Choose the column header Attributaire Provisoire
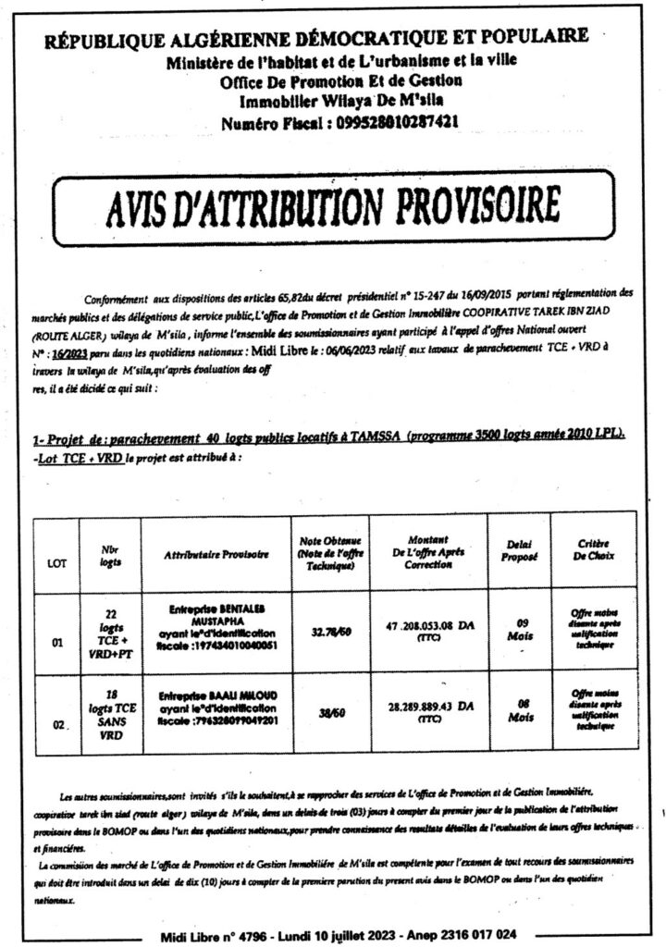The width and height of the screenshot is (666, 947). (215, 554)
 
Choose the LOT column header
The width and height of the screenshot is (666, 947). (56, 560)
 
